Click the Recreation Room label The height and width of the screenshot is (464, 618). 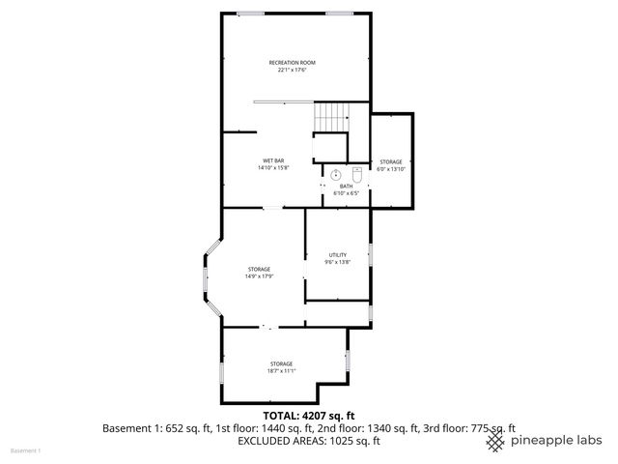292,63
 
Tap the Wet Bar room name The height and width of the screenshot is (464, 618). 273,160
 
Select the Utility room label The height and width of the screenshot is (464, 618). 337,255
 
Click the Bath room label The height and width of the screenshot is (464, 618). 346,186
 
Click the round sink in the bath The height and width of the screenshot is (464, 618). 333,175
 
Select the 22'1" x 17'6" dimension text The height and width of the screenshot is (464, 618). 292,71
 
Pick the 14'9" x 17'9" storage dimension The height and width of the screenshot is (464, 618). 259,276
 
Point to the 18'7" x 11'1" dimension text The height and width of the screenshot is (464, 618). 281,371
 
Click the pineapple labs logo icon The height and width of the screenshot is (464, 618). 496,441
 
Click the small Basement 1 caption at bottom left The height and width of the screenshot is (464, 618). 25,450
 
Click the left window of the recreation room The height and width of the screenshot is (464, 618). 251,13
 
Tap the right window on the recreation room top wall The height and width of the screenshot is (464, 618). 338,13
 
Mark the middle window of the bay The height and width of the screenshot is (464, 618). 204,282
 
